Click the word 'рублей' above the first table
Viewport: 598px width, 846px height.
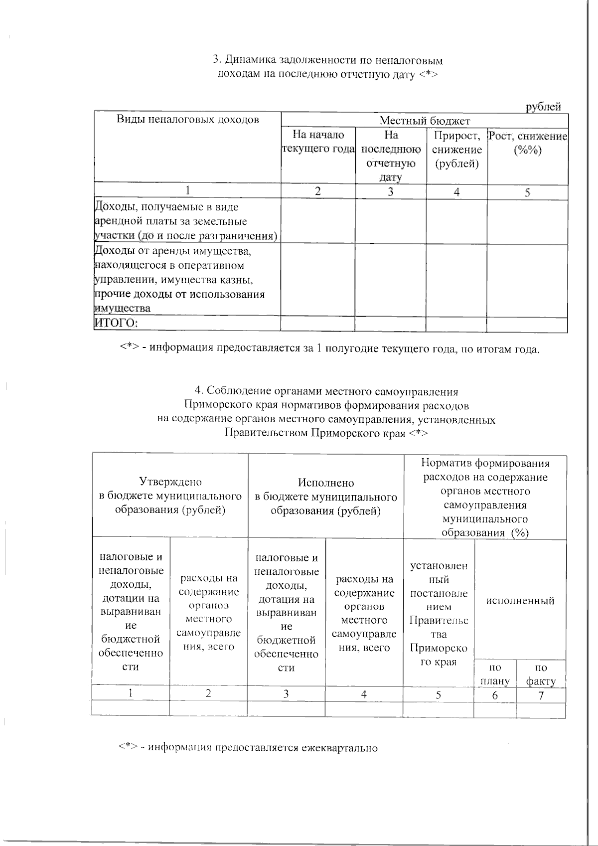[544, 107]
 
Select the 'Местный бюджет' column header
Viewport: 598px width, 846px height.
[425, 121]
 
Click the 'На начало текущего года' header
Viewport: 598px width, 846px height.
[318, 142]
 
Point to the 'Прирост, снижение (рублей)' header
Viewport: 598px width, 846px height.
[456, 150]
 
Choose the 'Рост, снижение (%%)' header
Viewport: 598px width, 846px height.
[527, 143]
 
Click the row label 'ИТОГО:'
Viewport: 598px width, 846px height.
[116, 324]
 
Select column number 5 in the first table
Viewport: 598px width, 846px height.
[527, 192]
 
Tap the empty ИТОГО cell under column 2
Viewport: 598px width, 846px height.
[318, 324]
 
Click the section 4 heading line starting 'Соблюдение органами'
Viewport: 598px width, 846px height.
[326, 390]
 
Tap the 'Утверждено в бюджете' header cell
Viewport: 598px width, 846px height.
[170, 496]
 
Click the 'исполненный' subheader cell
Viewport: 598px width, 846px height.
[520, 601]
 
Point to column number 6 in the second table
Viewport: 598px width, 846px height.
[495, 695]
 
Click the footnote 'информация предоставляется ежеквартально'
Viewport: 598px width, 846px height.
[248, 748]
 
